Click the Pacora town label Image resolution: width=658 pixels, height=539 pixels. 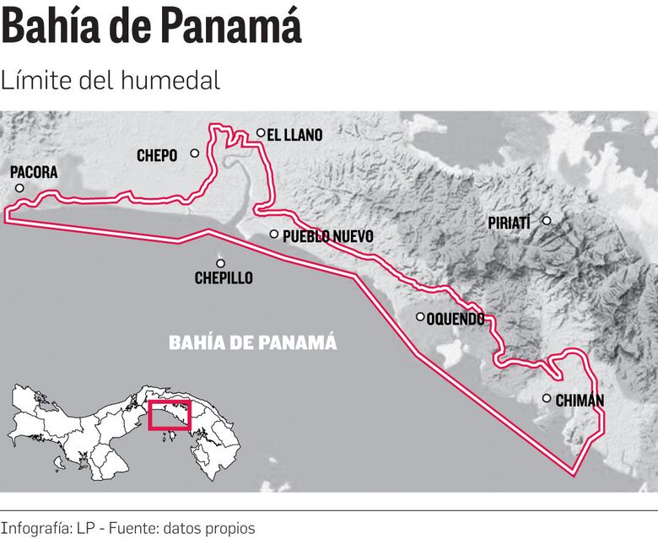[x=34, y=172]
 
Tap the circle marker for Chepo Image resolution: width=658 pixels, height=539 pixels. [x=195, y=154]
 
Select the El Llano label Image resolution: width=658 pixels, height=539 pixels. [x=294, y=134]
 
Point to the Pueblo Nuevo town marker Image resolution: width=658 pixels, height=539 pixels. [x=274, y=234]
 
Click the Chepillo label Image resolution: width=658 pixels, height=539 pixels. [x=224, y=278]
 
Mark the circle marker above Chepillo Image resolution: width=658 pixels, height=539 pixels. [x=221, y=263]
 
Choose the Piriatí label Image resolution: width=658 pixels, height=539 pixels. [x=509, y=223]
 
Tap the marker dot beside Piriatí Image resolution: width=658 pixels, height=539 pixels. [x=547, y=221]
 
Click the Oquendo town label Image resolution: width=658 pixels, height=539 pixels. [x=456, y=319]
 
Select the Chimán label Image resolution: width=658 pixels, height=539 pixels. [x=580, y=400]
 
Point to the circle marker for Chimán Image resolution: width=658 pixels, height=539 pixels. [x=547, y=398]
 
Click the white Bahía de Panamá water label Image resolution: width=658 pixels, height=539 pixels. [x=253, y=342]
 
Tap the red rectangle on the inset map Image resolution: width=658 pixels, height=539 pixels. [x=170, y=416]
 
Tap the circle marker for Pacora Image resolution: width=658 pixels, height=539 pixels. [x=19, y=187]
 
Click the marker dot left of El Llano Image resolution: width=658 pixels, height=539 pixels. [x=262, y=132]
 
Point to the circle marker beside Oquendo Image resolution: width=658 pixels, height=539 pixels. [x=420, y=317]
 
